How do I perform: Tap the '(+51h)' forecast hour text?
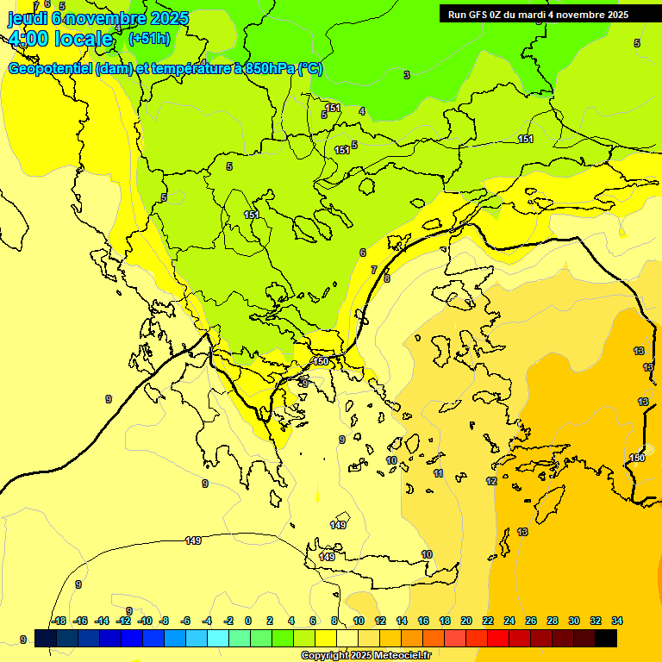(148, 38)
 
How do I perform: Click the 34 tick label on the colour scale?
(616, 621)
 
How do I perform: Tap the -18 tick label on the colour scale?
(59, 621)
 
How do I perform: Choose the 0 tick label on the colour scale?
(248, 621)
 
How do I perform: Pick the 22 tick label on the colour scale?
(488, 621)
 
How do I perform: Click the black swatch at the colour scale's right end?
(606, 638)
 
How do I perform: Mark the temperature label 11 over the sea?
(438, 474)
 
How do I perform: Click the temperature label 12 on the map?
(491, 481)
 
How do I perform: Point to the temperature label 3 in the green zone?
(407, 75)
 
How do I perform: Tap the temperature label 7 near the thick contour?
(373, 270)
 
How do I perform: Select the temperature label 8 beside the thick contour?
(387, 278)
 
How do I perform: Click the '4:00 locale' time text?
(60, 38)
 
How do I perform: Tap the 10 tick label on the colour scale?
(359, 621)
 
